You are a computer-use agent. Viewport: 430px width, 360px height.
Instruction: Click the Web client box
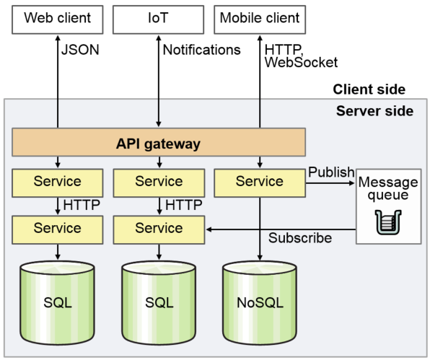click(x=58, y=19)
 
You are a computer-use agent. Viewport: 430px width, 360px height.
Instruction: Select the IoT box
click(x=158, y=19)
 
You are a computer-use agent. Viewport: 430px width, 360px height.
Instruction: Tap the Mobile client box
click(x=260, y=19)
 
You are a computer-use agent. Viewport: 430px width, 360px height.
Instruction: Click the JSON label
click(x=80, y=50)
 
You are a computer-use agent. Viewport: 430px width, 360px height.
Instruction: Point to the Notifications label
click(x=201, y=50)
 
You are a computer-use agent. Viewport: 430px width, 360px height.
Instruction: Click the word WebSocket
click(x=301, y=63)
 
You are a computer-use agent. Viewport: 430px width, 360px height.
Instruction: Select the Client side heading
click(x=369, y=89)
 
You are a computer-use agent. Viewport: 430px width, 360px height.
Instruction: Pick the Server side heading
click(x=374, y=111)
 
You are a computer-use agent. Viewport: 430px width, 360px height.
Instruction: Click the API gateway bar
click(x=159, y=142)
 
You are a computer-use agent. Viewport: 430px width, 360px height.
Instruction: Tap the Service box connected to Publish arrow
click(x=260, y=183)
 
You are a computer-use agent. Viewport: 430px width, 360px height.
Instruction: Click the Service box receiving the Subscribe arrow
click(x=159, y=229)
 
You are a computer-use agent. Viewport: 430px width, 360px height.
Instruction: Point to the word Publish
click(x=331, y=172)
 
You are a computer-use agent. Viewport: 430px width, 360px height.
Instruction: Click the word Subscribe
click(x=300, y=237)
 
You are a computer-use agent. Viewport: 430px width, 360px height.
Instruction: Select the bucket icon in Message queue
click(x=388, y=222)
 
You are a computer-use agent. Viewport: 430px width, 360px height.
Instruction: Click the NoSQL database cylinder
click(x=260, y=303)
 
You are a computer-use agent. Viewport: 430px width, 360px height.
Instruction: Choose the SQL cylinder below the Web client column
click(x=58, y=303)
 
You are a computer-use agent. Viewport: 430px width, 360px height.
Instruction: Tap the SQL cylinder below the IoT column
click(x=159, y=303)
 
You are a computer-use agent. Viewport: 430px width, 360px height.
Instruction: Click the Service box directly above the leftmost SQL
click(x=58, y=229)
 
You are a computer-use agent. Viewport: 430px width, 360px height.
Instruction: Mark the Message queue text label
click(x=388, y=188)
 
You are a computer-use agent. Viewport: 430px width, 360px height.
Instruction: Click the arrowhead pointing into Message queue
click(x=352, y=183)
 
